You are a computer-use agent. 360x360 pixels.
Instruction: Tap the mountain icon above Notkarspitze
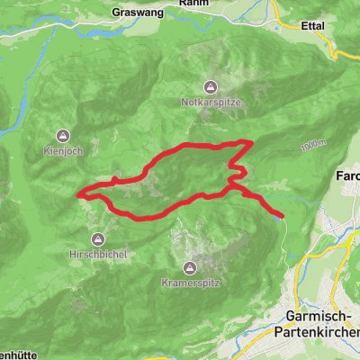point(210,88)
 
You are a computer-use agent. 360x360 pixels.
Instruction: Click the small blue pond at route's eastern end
point(277,214)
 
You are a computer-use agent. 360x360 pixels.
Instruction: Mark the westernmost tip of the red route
point(79,193)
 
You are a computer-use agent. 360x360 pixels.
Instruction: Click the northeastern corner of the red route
point(249,142)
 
